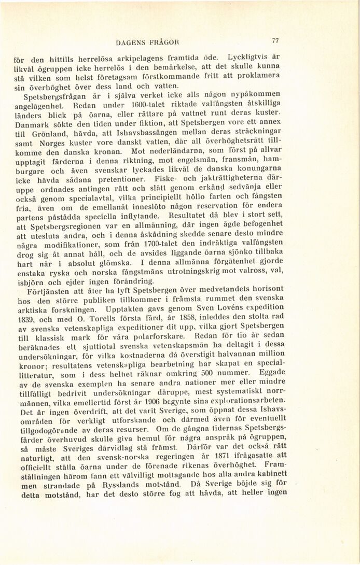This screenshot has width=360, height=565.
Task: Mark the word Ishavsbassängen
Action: (x=149, y=135)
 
